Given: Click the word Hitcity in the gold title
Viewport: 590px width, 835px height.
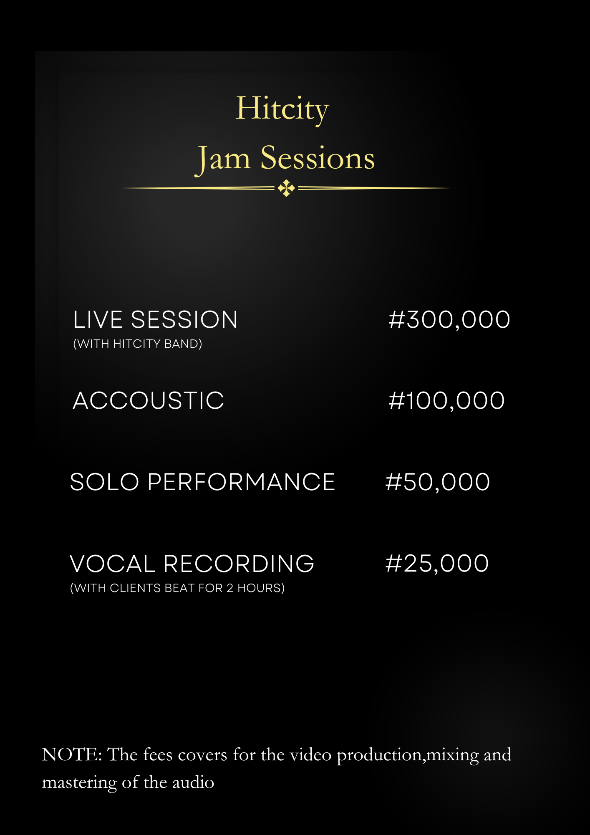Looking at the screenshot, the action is (282, 109).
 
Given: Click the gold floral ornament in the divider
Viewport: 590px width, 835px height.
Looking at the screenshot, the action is (286, 188).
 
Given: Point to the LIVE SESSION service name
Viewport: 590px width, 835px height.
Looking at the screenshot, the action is (156, 320).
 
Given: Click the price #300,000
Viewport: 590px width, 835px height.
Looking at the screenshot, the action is (449, 320).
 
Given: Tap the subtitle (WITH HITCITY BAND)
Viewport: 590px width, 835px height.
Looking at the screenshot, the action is (138, 344).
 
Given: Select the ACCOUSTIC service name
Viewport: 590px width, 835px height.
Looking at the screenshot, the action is (149, 401).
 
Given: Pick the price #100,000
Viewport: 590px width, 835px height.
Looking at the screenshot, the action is (446, 401).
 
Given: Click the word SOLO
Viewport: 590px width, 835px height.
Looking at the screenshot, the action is (104, 482).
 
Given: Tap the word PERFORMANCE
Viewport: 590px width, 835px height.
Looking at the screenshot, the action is (241, 482).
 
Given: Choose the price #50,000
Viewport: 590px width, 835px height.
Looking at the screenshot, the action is (438, 482).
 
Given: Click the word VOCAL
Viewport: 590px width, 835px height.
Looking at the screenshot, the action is (113, 564).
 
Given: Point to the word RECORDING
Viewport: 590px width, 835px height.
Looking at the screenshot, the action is (239, 564).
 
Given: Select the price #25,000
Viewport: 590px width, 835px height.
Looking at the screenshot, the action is (437, 564).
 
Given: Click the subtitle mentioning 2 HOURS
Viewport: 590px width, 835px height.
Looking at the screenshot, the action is (177, 588).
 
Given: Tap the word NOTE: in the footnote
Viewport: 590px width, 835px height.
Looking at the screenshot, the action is (72, 755).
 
